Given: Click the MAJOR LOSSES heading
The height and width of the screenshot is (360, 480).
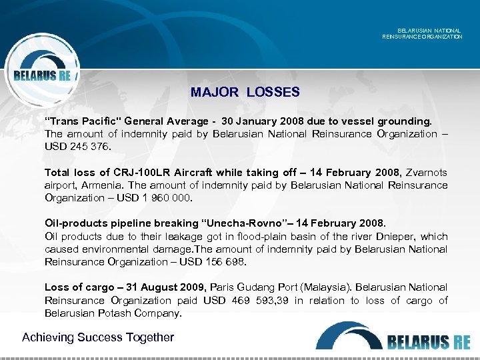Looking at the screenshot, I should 245,92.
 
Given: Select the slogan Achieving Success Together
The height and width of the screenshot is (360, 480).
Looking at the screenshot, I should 98,337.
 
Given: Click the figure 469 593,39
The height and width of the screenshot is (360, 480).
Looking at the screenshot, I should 269,300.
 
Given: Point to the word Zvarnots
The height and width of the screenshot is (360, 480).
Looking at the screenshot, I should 426,173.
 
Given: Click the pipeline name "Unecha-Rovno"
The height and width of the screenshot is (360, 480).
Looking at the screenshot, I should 220,223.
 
